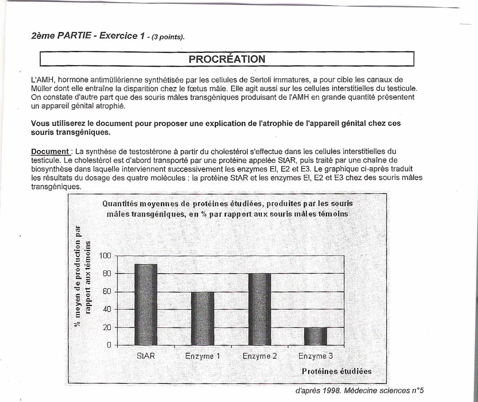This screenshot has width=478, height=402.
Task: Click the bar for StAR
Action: pos(146,304)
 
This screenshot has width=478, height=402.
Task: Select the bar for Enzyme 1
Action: pos(202,318)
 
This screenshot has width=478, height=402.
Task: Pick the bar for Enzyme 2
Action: pos(260,309)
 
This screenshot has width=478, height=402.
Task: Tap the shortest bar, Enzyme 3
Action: pos(316,336)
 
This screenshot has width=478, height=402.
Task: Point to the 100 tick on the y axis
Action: pos(105,255)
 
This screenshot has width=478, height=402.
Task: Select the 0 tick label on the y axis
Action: pos(109,345)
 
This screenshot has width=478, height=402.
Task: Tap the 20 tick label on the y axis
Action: pos(107,327)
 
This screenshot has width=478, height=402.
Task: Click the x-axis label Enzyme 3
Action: pos(316,356)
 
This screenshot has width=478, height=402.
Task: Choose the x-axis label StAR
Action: pos(146,356)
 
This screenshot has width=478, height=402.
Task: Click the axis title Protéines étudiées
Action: pos(337,371)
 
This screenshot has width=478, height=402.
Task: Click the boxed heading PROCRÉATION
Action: pos(227,59)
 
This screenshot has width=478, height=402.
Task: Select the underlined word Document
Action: pos(51,151)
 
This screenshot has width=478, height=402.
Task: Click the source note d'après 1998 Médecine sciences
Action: pos(359,391)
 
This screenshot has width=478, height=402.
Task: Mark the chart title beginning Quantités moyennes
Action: pos(227,209)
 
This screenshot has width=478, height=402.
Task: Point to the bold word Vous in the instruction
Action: pos(40,123)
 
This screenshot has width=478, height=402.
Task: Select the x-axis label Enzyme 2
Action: pos(260,356)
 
